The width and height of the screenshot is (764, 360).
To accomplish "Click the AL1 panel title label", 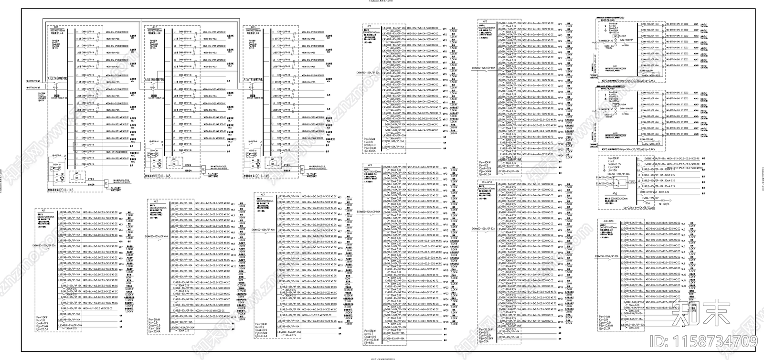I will click(x=44, y=196).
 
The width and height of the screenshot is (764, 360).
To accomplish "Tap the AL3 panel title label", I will click(x=262, y=194).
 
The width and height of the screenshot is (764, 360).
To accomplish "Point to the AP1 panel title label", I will click(x=370, y=28).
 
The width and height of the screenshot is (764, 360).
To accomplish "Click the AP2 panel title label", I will click(x=485, y=21).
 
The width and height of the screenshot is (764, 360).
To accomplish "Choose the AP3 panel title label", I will click(x=370, y=165).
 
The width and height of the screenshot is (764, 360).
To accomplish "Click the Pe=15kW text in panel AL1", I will click(x=42, y=317).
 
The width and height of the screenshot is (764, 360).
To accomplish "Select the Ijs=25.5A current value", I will click(x=42, y=329).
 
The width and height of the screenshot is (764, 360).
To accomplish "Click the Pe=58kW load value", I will click(x=370, y=330).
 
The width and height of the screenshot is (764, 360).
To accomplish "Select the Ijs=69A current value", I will click(x=369, y=343).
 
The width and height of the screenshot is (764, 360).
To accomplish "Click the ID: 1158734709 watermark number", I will click(x=712, y=341).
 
